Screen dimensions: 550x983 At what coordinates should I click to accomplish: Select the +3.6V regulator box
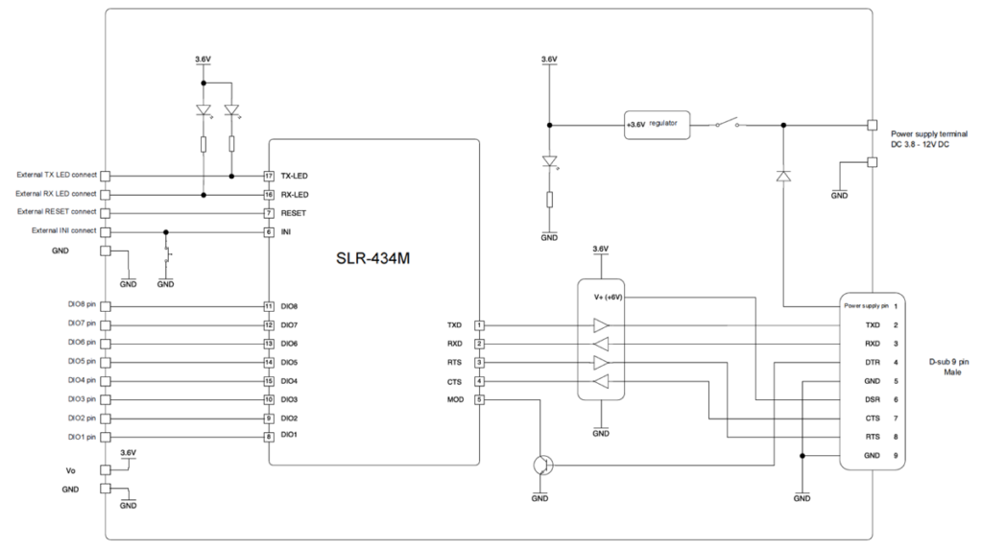(x=655, y=125)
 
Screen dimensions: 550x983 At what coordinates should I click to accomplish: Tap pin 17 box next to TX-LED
(x=270, y=177)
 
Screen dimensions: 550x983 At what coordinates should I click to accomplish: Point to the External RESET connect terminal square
(x=105, y=212)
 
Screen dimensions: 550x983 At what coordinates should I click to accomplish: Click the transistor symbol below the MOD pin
(x=542, y=465)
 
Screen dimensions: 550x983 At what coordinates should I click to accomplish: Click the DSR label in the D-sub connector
(x=873, y=398)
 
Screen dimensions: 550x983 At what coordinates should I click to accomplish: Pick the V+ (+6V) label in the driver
(x=609, y=298)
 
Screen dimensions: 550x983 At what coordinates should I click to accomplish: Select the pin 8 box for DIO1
(x=270, y=436)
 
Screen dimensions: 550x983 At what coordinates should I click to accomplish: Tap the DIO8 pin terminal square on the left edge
(x=105, y=306)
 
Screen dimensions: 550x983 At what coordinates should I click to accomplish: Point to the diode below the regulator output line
(x=784, y=176)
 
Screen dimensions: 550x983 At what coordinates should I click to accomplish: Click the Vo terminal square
(x=105, y=470)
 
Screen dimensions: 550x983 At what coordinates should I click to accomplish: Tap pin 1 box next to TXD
(x=479, y=325)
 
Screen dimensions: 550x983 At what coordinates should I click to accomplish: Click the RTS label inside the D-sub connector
(x=873, y=436)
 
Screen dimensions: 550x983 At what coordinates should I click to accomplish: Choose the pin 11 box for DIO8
(x=270, y=306)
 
